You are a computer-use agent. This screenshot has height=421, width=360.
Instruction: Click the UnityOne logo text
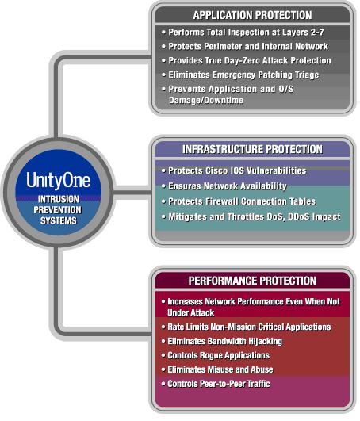58,180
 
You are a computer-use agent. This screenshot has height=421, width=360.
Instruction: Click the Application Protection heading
252,15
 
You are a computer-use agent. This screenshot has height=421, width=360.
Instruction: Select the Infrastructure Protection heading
252,149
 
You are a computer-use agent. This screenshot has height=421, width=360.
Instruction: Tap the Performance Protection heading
252,281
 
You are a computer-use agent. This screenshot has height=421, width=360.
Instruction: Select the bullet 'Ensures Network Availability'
224,186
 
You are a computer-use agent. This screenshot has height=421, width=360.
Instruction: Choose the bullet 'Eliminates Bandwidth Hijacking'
222,341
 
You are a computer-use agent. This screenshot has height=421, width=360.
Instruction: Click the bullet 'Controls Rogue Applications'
216,355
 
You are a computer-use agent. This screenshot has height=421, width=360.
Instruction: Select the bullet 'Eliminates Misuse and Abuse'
217,369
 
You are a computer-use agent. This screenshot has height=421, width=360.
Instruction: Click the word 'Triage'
307,75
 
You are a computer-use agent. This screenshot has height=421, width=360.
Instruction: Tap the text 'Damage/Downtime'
206,100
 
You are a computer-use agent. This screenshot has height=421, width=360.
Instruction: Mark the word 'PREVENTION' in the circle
57,210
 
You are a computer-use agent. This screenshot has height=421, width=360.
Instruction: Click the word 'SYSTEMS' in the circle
58,220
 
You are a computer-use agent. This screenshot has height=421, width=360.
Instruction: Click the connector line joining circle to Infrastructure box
132,193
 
